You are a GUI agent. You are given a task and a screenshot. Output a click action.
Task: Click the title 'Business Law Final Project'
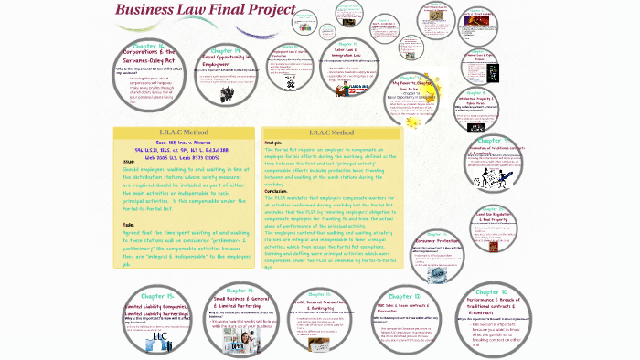[x=205, y=11]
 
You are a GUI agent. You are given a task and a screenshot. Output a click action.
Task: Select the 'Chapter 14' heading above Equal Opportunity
[x=225, y=51]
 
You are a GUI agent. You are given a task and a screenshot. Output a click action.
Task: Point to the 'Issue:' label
[x=129, y=162]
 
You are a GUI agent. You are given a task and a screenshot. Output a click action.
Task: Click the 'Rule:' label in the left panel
[x=128, y=224]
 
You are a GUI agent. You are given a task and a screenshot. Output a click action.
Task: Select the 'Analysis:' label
[x=273, y=143]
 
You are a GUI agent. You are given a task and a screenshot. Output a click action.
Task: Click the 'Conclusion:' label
[x=277, y=189]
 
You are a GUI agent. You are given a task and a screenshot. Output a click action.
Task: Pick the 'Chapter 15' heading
[x=160, y=296]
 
